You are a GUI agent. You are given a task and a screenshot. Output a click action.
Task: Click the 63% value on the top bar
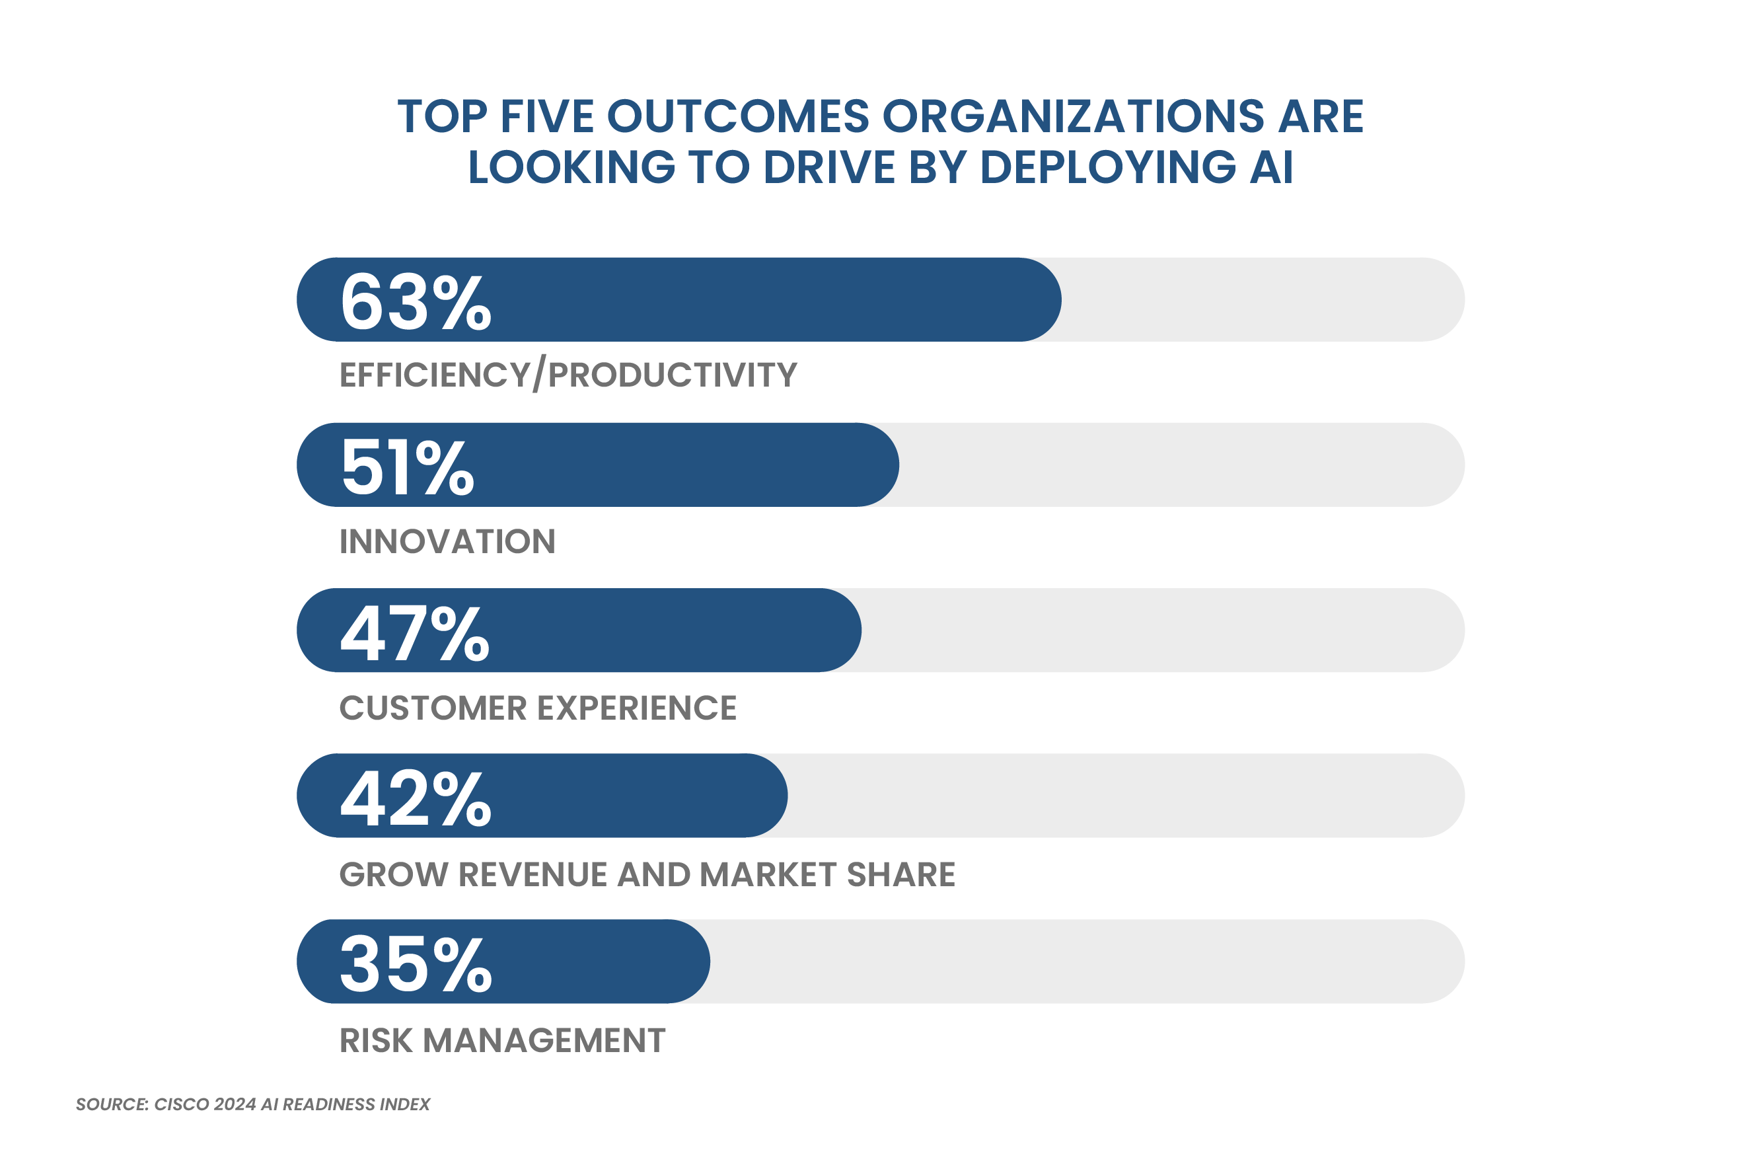pyautogui.click(x=416, y=301)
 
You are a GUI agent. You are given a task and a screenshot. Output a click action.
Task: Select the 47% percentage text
pyautogui.click(x=415, y=632)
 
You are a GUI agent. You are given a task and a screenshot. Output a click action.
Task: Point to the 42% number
pyautogui.click(x=416, y=798)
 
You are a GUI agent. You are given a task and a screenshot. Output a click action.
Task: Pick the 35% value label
pyautogui.click(x=416, y=964)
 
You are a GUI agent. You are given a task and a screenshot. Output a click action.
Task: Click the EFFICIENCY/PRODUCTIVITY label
pyautogui.click(x=568, y=375)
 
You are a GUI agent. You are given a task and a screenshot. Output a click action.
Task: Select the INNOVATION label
pyautogui.click(x=447, y=541)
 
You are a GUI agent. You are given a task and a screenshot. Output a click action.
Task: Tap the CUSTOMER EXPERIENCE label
pyautogui.click(x=538, y=707)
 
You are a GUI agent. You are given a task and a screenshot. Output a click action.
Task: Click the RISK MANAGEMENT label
pyautogui.click(x=502, y=1040)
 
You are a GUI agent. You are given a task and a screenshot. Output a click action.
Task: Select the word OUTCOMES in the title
pyautogui.click(x=737, y=117)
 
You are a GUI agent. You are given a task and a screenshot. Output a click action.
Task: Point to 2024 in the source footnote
pyautogui.click(x=235, y=1104)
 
